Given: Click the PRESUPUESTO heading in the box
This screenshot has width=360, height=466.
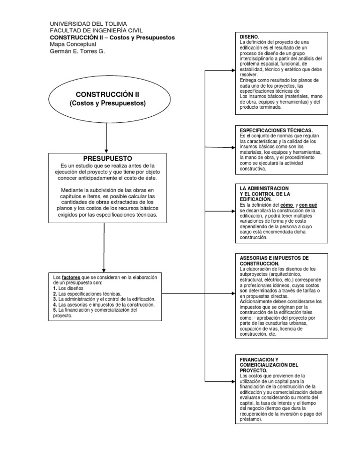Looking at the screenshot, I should [107, 158].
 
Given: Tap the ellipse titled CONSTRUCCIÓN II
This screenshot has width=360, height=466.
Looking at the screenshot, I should [107, 98].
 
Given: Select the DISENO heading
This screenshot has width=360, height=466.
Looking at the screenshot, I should [248, 37].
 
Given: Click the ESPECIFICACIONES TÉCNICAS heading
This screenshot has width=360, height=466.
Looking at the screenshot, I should [276, 130].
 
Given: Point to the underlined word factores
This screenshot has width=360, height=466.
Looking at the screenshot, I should [71, 277].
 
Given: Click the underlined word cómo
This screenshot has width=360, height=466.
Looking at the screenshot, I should [285, 205].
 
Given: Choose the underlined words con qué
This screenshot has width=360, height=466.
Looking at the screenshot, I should [308, 205].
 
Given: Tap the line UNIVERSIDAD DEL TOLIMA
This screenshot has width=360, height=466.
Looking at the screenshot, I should [88, 24].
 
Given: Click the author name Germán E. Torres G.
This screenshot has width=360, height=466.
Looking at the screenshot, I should [77, 51].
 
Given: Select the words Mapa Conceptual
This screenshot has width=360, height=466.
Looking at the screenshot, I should [73, 44].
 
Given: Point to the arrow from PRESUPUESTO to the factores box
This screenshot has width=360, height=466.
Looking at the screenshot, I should [104, 248].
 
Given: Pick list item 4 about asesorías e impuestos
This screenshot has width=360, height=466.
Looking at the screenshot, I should [104, 304].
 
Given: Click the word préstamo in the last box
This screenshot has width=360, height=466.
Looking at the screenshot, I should [250, 420].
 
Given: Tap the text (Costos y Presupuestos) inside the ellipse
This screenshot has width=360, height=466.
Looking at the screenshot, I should [107, 103].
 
